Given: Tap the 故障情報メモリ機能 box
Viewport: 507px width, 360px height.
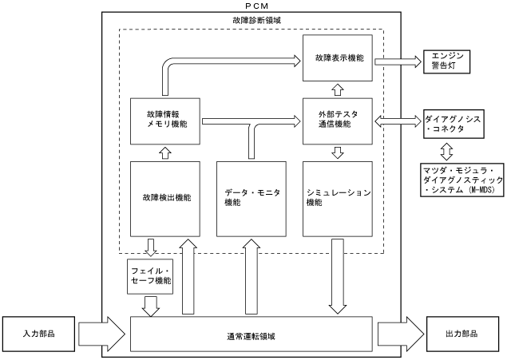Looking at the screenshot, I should (165, 121).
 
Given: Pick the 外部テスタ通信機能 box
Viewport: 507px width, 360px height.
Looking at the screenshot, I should (339, 121).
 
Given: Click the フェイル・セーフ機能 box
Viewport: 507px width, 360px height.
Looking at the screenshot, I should (151, 276).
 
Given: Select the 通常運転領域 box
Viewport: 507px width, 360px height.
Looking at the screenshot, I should (252, 333).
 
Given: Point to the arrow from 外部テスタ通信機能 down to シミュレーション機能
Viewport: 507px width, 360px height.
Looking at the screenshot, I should (337, 151).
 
